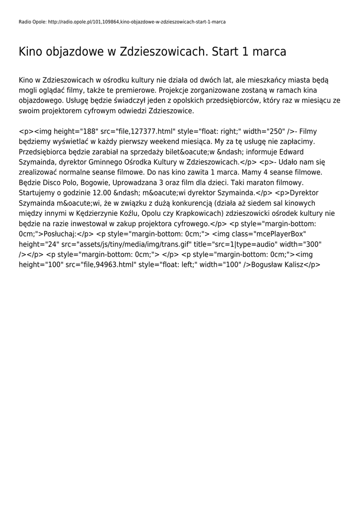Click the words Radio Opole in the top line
coord(32,22)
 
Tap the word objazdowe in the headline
coord(75,52)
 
